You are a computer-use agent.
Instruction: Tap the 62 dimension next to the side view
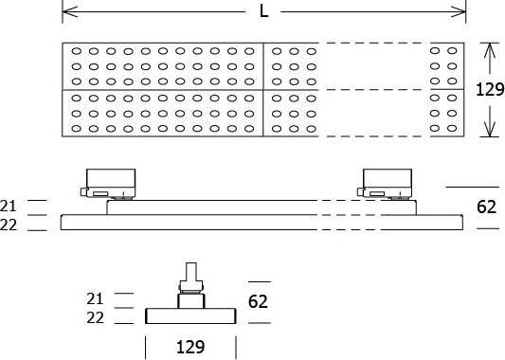point(487,207)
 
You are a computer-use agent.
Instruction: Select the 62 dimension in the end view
point(260,302)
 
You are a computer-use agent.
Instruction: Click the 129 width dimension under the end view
point(190,347)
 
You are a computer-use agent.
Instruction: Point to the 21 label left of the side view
point(9,205)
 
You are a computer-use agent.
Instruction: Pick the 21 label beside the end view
point(95,298)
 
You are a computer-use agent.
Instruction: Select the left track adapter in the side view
point(110,181)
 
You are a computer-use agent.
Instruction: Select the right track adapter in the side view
point(387,181)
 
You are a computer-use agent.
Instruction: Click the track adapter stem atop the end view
point(192,276)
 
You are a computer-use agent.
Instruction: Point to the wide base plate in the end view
point(191,316)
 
